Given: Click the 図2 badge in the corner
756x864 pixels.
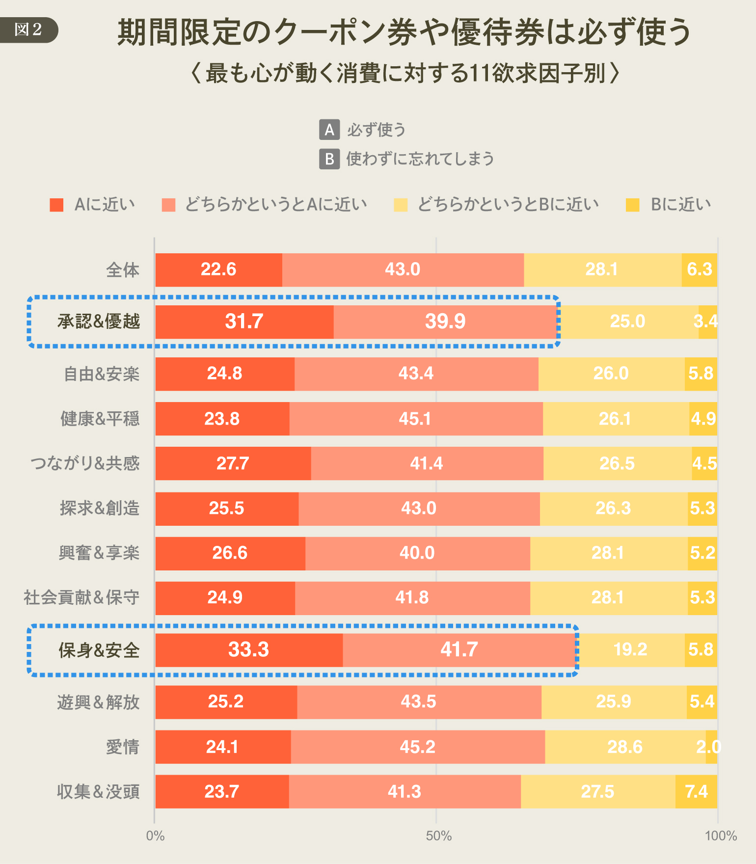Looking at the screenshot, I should pos(28,30).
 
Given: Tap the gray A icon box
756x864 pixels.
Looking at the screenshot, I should pos(329,130).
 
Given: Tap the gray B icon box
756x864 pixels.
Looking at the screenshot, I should pos(329,159).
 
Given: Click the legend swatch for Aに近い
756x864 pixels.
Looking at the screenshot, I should pos(56,205).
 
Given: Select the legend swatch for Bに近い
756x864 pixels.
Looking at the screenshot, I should pos(633,205).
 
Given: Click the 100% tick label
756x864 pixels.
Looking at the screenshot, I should pos(721,836).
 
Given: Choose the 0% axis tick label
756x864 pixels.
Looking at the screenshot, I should pos(155,836).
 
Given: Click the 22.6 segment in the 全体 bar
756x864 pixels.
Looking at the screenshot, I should pos(218,270).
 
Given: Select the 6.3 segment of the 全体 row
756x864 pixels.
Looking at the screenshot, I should pos(700,270).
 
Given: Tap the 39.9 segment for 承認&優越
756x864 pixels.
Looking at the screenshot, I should pos(445,322).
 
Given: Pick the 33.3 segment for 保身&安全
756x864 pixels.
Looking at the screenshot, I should pos(249,650).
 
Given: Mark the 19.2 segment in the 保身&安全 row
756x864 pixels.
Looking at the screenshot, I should pos(630,650).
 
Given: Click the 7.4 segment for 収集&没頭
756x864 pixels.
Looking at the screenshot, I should pos(696,792).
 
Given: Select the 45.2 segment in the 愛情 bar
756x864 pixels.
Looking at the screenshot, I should pos(417,747).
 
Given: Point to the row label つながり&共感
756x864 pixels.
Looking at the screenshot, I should pos(85,463).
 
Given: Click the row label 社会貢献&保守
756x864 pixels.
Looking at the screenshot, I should pos(81,598).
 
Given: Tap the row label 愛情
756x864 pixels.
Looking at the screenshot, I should pos(123,747).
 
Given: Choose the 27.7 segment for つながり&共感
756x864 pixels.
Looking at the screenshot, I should pos(233,463).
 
